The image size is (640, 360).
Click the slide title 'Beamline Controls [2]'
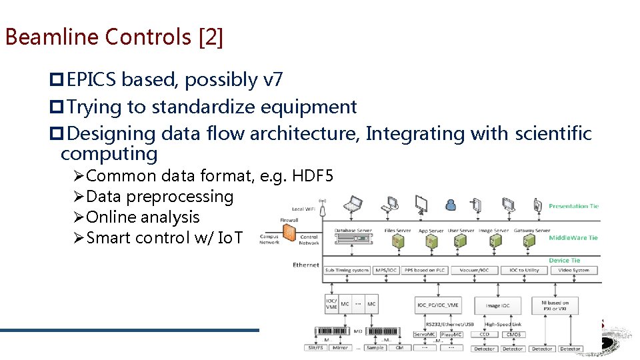114,37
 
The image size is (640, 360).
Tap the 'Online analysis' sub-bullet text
143,217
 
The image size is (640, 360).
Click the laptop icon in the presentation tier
353,203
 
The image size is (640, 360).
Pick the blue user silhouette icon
451,204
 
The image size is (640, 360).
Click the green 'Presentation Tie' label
573,206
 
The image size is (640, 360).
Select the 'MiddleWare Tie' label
573,237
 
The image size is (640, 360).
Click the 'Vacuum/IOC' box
475,271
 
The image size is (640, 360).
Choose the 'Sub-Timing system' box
347,271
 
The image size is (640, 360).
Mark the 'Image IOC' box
497,305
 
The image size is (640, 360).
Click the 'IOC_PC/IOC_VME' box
437,305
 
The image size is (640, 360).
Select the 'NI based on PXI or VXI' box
555,305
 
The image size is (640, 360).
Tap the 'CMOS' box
515,335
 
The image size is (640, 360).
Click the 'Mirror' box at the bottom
340,348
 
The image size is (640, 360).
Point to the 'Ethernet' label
306,265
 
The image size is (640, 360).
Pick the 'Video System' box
573,271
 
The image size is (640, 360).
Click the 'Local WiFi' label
303,209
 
